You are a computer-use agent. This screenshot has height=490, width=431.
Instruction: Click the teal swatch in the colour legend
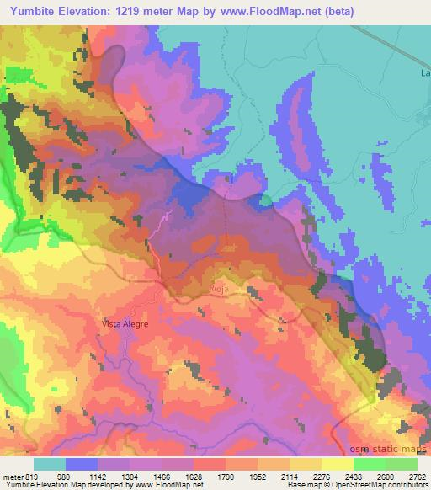coord(50,464)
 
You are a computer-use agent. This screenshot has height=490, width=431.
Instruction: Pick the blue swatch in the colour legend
coord(82,464)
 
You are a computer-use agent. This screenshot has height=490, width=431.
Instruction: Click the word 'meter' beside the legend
coord(13,476)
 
